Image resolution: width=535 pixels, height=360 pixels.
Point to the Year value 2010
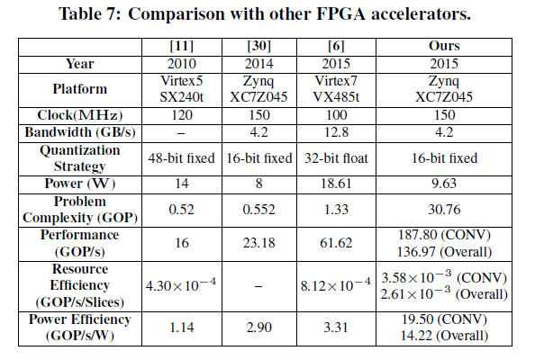[181, 64]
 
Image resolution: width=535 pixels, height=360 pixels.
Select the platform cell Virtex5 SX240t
[181, 89]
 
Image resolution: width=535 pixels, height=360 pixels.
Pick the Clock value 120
[181, 115]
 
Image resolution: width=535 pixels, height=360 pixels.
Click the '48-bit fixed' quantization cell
[181, 158]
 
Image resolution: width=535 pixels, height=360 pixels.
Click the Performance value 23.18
[258, 243]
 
